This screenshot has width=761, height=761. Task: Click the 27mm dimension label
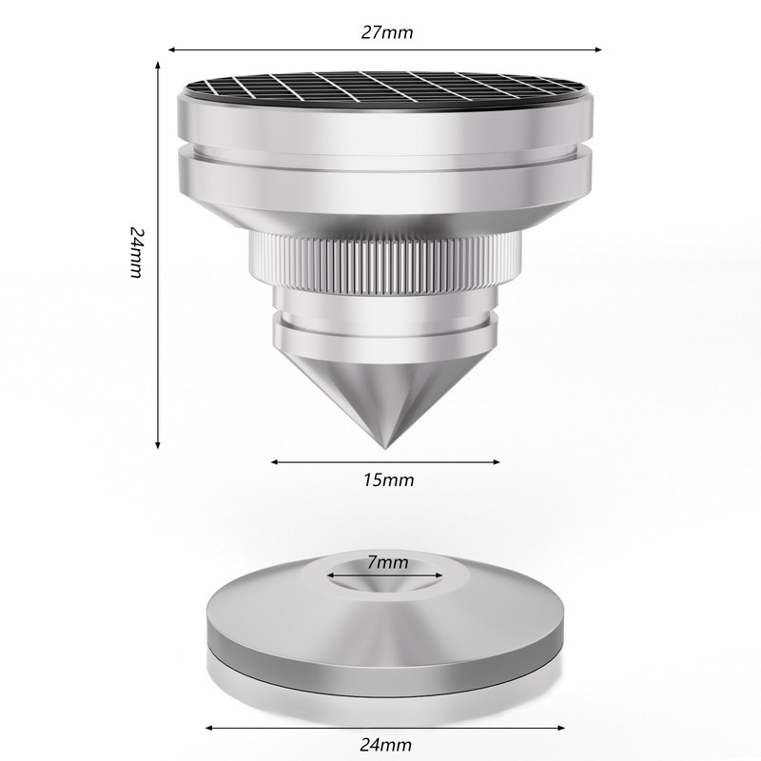[x=387, y=32]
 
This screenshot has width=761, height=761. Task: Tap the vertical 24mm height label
[x=137, y=252]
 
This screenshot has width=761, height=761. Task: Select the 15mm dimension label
[x=389, y=480]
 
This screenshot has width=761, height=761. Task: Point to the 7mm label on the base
[x=387, y=562]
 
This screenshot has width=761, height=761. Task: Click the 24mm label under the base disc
[x=386, y=744]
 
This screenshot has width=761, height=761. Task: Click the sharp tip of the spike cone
[x=385, y=448]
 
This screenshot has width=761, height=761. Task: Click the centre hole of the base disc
[x=384, y=578]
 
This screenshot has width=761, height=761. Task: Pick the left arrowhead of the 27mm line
[x=171, y=49]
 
